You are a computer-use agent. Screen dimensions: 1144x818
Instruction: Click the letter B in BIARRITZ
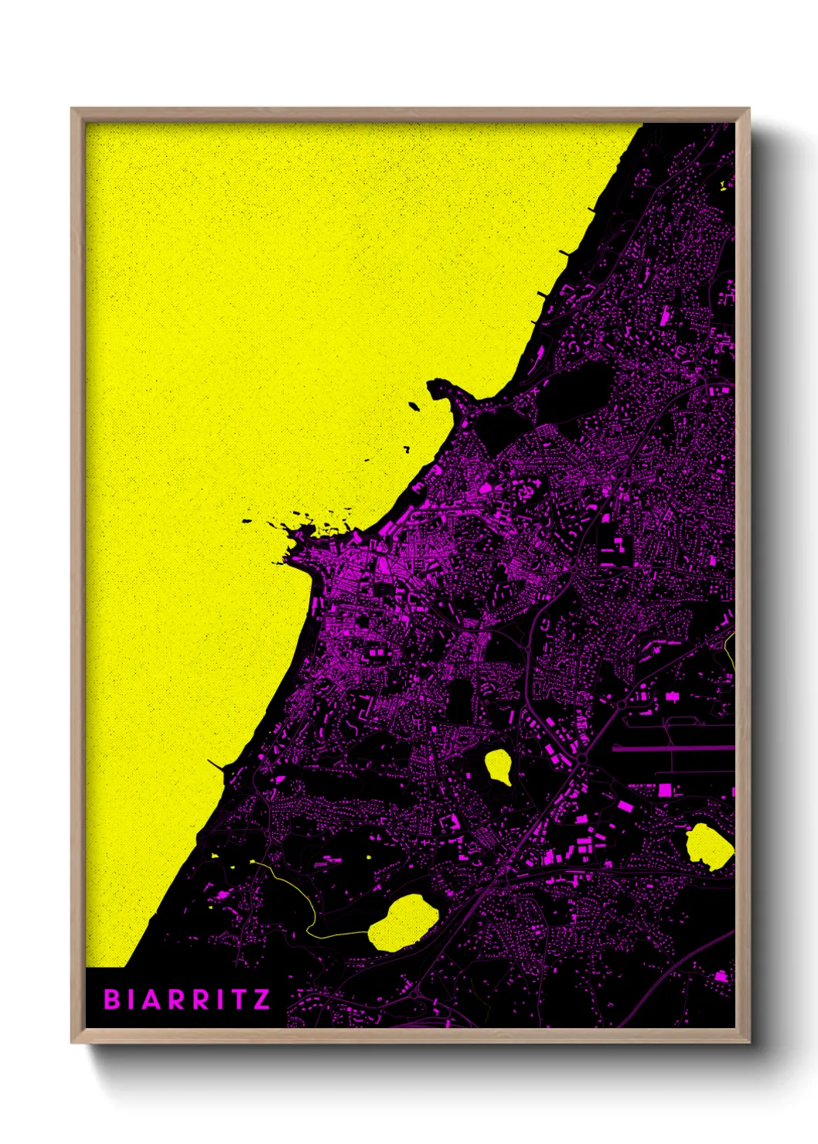pyautogui.click(x=112, y=999)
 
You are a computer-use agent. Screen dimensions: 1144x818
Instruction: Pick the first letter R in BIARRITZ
pyautogui.click(x=177, y=999)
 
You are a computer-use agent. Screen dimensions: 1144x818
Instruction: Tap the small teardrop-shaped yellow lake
pyautogui.click(x=498, y=766)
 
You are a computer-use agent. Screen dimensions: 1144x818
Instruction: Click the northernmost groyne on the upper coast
pyautogui.click(x=594, y=209)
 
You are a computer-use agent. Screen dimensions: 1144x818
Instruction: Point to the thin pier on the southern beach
pyautogui.click(x=217, y=764)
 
